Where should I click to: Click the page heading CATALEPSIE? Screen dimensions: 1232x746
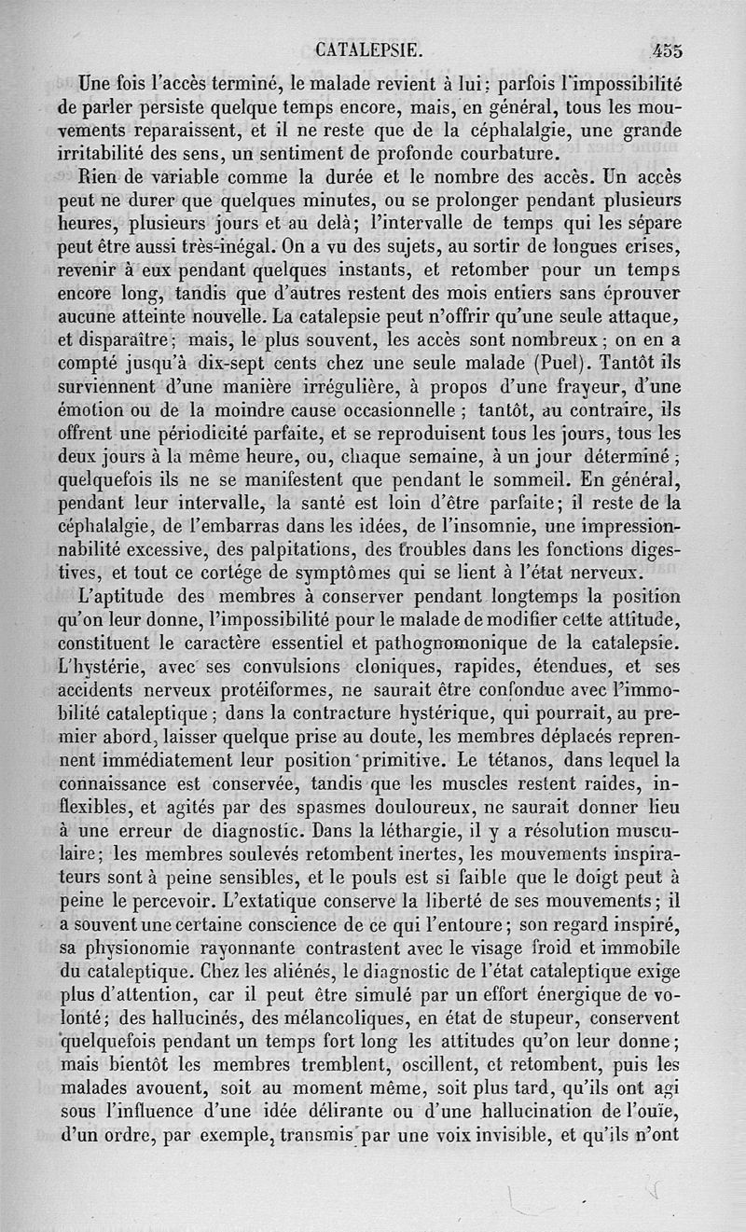coord(371,49)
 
